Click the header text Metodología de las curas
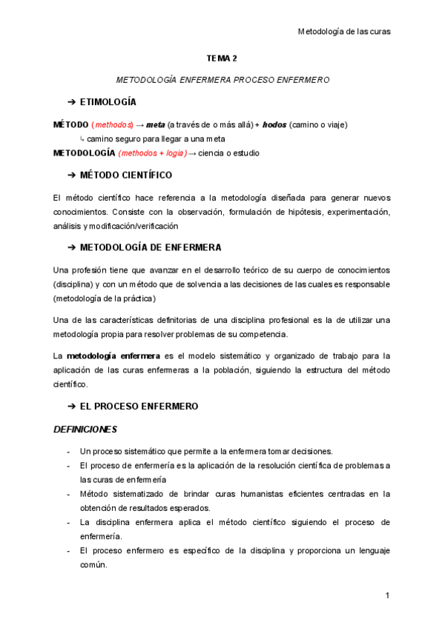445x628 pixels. point(343,31)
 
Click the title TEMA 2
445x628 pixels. point(222,57)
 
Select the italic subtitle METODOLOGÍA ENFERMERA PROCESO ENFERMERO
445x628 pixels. point(222,78)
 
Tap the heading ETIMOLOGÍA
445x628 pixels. point(108,101)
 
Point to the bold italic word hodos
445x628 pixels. point(274,124)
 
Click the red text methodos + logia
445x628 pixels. point(152,153)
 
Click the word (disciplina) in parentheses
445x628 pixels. point(73,284)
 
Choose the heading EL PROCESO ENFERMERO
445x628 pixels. point(139,407)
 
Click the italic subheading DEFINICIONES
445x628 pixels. point(85,430)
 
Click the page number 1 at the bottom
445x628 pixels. point(387,595)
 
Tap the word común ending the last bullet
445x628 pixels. point(94,565)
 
